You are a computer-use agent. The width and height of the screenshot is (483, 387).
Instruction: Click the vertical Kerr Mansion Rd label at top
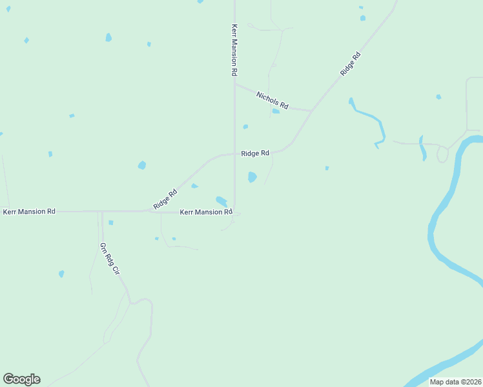point(234,51)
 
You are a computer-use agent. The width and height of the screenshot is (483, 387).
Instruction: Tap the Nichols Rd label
point(272,99)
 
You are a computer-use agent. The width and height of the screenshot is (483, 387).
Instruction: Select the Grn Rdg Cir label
point(110,259)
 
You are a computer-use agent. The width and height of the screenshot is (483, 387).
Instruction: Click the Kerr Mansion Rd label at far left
point(29,211)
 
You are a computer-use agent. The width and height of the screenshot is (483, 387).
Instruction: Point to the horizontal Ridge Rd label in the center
point(255,154)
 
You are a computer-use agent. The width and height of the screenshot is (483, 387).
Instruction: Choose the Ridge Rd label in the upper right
point(351,64)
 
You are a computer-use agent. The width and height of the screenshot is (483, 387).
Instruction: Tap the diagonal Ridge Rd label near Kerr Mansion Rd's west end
point(165,199)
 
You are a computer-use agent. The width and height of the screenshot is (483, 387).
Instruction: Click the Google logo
point(21,379)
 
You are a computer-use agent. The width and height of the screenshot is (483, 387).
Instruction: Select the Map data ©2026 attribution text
point(455,382)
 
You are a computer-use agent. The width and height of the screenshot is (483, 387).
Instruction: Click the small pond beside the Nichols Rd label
point(276,111)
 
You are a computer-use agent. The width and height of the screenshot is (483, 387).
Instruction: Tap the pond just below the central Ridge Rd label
point(252,177)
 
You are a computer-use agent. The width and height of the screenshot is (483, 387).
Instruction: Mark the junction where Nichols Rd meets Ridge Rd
point(312,111)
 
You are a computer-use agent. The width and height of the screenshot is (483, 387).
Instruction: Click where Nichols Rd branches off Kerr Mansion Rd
point(234,83)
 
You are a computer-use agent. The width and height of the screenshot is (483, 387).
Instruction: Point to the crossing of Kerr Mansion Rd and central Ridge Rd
point(234,154)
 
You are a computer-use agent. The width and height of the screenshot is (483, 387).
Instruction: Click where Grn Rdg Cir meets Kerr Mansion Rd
point(101,211)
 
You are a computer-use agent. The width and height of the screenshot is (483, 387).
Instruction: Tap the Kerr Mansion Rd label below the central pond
point(205,212)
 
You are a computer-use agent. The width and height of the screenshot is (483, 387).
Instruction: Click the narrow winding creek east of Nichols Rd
point(368,115)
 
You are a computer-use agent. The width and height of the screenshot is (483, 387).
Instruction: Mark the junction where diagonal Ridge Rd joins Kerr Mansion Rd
point(147,210)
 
